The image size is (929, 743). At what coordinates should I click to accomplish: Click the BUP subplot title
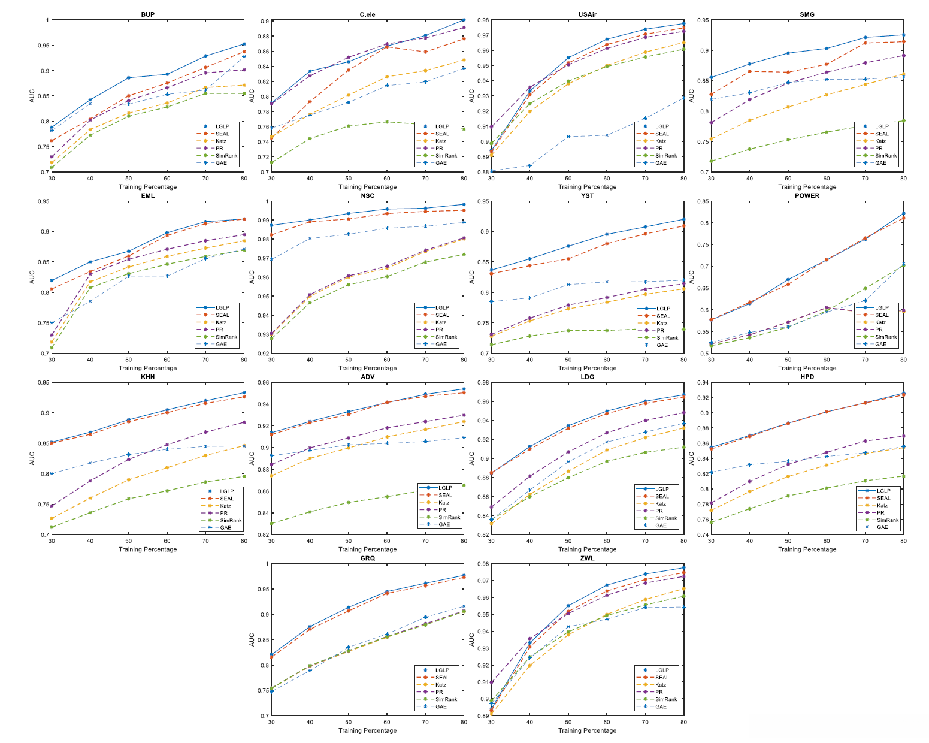(147, 14)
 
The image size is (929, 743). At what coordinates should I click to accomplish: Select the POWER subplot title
(807, 195)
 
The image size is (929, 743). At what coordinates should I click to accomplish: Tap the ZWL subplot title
(587, 558)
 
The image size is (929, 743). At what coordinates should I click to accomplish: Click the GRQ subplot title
(367, 558)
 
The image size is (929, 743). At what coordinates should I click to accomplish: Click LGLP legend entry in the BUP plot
(222, 126)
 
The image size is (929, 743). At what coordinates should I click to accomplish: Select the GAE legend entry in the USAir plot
(661, 163)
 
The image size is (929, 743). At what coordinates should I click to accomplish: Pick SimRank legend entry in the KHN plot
(230, 520)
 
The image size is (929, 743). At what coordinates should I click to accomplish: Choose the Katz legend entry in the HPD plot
(882, 505)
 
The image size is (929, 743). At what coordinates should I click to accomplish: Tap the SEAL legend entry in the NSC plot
(442, 315)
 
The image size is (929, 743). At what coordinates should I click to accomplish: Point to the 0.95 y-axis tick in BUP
(44, 46)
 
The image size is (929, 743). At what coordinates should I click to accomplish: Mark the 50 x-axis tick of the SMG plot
(788, 178)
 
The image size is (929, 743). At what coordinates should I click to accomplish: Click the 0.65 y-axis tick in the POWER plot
(700, 288)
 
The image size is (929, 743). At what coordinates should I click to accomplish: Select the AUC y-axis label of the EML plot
(32, 277)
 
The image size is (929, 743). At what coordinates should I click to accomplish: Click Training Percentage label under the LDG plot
(587, 549)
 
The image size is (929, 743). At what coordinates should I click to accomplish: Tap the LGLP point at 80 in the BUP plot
(244, 44)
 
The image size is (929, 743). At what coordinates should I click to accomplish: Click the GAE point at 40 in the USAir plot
(529, 165)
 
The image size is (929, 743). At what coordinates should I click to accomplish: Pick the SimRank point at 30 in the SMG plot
(711, 161)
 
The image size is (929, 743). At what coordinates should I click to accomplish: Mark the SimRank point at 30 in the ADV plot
(271, 523)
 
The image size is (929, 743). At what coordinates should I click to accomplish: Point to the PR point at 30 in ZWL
(491, 682)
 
